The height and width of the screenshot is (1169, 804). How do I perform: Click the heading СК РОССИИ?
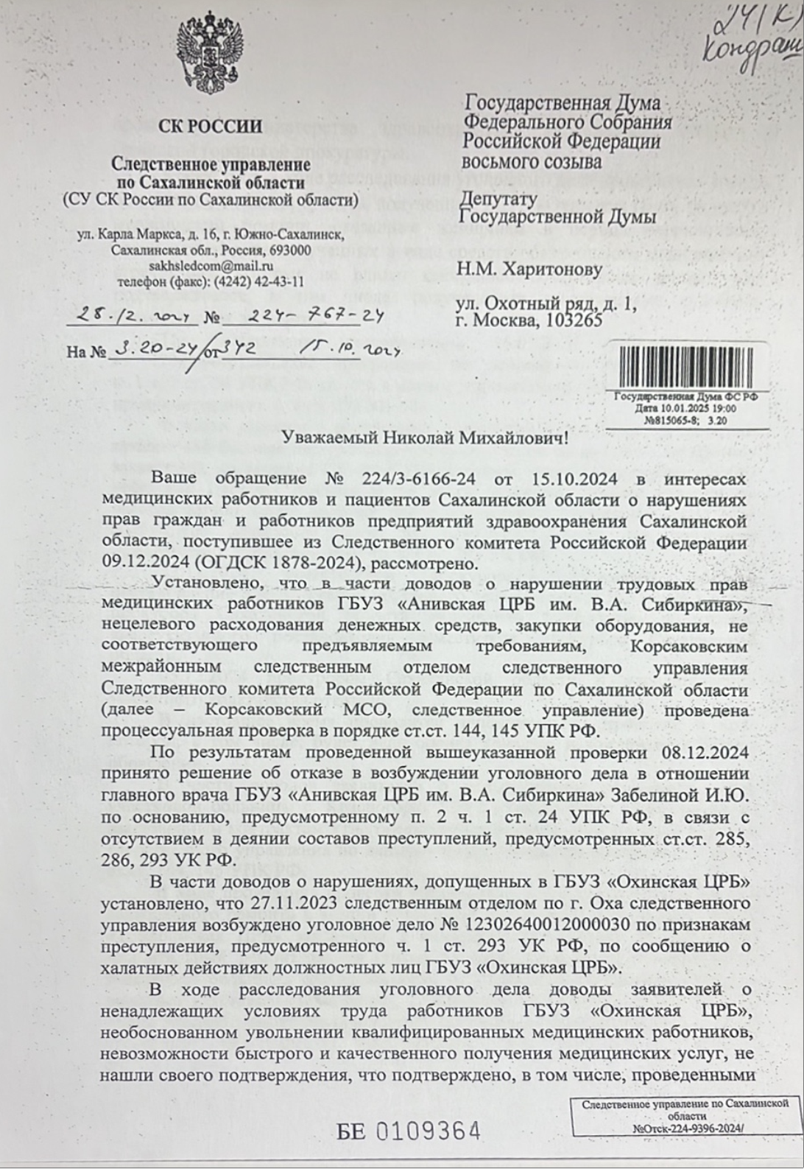(211, 127)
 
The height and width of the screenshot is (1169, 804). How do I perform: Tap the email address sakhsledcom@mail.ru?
(211, 266)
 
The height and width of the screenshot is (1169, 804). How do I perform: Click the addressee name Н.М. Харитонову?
(530, 270)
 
